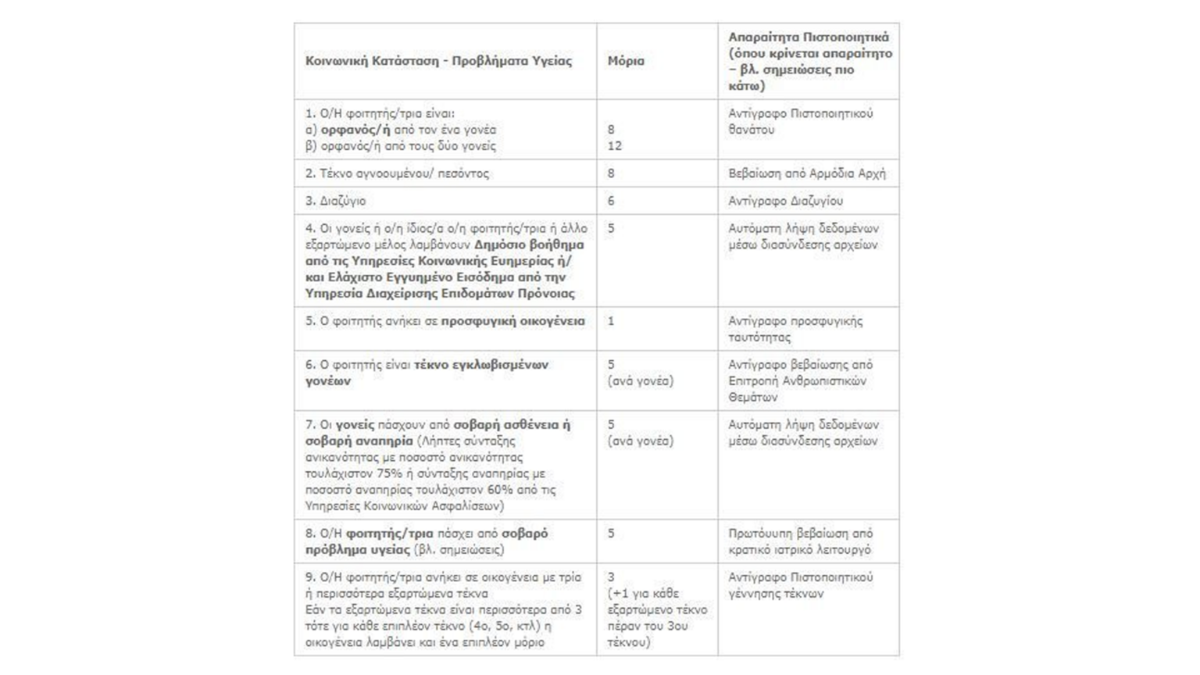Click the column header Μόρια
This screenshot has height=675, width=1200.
[626, 61]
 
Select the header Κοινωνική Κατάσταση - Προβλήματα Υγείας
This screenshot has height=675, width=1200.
[438, 61]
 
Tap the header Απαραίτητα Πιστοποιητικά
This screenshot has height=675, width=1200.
[808, 37]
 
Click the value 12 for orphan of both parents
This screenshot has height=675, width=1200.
[614, 146]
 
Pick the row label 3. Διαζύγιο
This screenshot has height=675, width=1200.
[335, 201]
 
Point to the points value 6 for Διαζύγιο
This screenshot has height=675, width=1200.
[611, 201]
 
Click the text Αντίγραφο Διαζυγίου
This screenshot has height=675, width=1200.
[785, 201]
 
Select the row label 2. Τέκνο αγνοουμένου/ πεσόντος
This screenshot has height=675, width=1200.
[397, 173]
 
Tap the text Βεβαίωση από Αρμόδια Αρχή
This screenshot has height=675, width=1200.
[807, 173]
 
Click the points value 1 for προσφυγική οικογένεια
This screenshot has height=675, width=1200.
[611, 321]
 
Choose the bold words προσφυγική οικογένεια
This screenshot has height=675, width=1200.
[512, 321]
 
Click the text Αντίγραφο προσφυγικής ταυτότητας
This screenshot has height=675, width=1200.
[795, 329]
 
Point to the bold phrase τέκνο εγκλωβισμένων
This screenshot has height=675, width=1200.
[481, 365]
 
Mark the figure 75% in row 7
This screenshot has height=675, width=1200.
[388, 473]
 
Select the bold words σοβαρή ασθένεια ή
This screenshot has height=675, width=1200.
[512, 425]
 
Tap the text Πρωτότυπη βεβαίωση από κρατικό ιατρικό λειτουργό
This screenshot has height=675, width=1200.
[800, 541]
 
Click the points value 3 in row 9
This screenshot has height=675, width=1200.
[611, 577]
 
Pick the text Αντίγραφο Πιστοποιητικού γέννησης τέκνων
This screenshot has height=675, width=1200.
[800, 585]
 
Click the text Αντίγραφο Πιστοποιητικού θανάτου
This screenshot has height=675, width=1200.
[800, 121]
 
